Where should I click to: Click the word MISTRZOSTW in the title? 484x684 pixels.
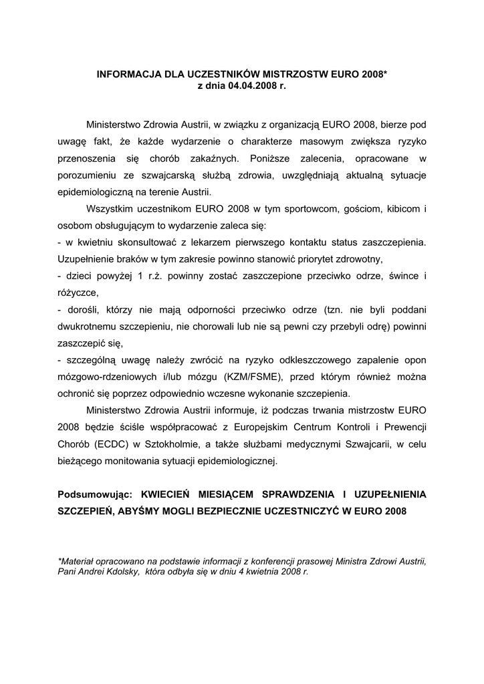(x=287, y=76)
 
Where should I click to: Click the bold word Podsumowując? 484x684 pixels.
(x=96, y=494)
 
